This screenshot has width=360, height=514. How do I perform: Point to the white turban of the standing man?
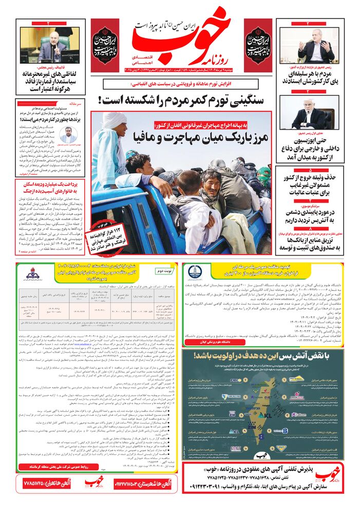116,121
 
